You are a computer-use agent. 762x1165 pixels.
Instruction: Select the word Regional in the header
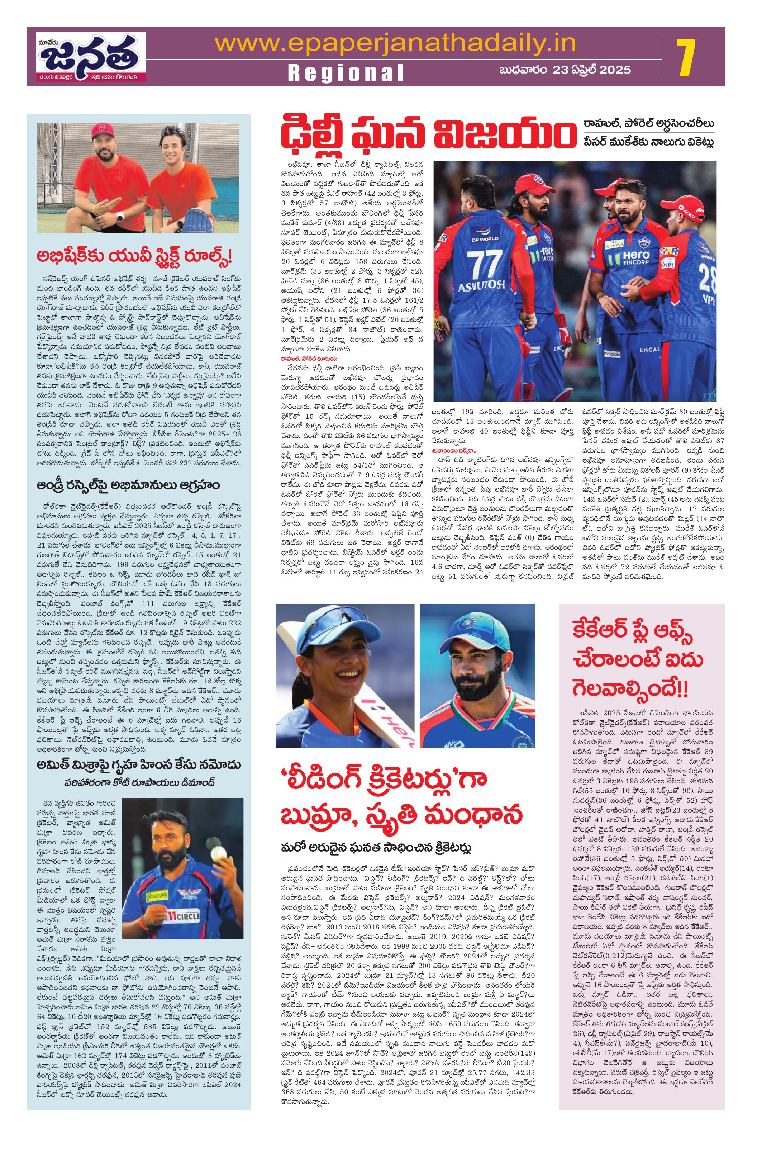[x=346, y=72]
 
